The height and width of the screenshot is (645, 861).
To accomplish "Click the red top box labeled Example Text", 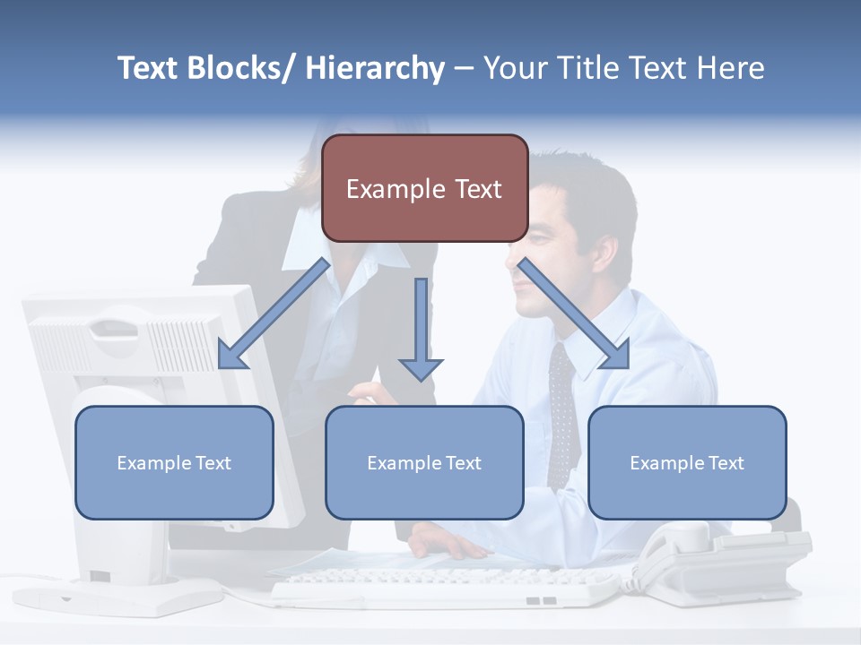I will (424, 188).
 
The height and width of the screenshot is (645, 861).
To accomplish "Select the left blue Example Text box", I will (174, 462).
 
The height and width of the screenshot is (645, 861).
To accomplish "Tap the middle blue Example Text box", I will (424, 462).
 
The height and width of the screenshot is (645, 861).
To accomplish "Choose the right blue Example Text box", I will (687, 462).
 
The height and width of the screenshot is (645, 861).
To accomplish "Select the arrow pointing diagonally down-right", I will (574, 314).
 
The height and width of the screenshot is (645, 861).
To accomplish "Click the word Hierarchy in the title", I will (375, 68).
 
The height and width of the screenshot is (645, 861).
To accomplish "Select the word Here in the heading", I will (727, 68).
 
